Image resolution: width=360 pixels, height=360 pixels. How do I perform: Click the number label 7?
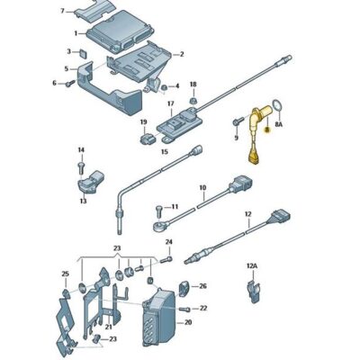(x=61, y=11)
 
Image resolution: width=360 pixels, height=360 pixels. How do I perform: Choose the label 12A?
(x=252, y=266)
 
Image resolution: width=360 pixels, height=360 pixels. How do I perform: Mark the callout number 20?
(x=187, y=321)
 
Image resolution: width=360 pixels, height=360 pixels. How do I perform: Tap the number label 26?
(x=202, y=286)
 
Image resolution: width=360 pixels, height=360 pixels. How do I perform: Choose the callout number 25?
(x=65, y=273)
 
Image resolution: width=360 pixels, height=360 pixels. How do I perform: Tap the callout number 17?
(x=169, y=103)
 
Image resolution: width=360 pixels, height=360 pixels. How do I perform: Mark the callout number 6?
(x=53, y=83)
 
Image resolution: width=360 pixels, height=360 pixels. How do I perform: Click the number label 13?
(x=83, y=202)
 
